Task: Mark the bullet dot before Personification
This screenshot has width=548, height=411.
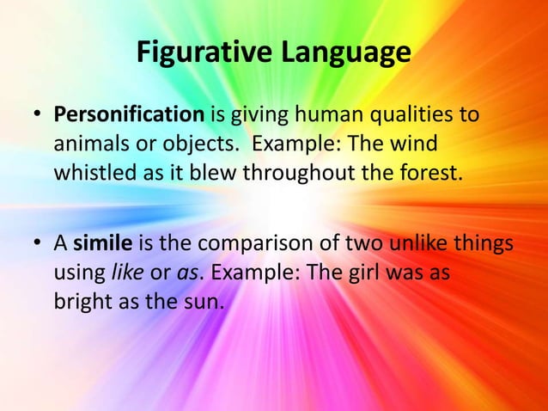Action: click(39, 115)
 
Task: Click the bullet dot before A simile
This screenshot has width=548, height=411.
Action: click(39, 244)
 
